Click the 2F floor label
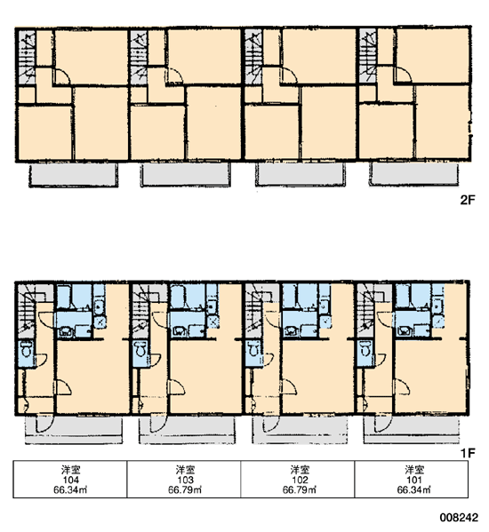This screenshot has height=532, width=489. [x=468, y=200]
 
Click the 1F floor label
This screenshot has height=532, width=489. [x=468, y=453]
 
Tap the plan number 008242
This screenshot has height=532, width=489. [x=459, y=518]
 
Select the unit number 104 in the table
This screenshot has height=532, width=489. [x=70, y=480]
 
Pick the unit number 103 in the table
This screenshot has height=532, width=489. [x=185, y=480]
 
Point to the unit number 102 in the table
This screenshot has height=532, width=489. [x=300, y=480]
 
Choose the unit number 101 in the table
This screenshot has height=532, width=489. [x=414, y=480]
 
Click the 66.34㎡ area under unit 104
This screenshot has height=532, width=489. [x=70, y=489]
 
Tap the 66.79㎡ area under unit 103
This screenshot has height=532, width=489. [x=185, y=489]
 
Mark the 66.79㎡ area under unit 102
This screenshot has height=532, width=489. [x=300, y=489]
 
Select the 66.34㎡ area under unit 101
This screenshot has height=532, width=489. [x=414, y=489]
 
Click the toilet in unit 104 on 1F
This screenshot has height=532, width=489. [x=26, y=349]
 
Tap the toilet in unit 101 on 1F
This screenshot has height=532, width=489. [x=365, y=349]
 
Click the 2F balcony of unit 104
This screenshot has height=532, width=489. [x=73, y=175]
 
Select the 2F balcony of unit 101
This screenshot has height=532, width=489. [x=413, y=174]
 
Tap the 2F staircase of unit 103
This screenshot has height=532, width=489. [x=140, y=57]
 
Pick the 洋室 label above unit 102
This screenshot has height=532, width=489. [x=300, y=470]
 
